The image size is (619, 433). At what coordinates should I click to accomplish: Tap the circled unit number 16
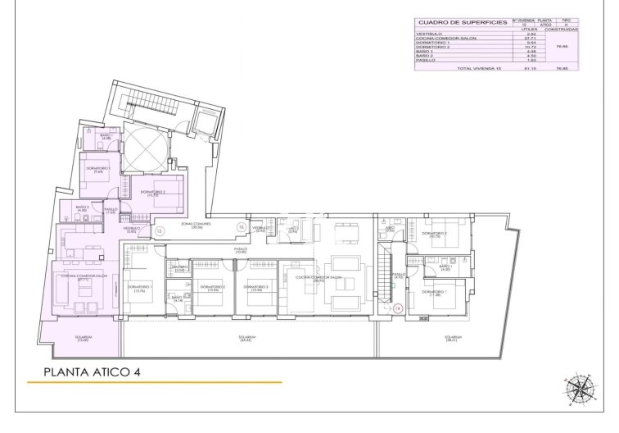coord(241,226)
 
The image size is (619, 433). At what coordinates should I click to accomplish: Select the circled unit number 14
coord(397,308)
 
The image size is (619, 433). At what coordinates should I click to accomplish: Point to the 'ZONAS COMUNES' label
coord(196,225)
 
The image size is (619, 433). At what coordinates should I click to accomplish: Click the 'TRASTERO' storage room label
coord(179,268)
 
